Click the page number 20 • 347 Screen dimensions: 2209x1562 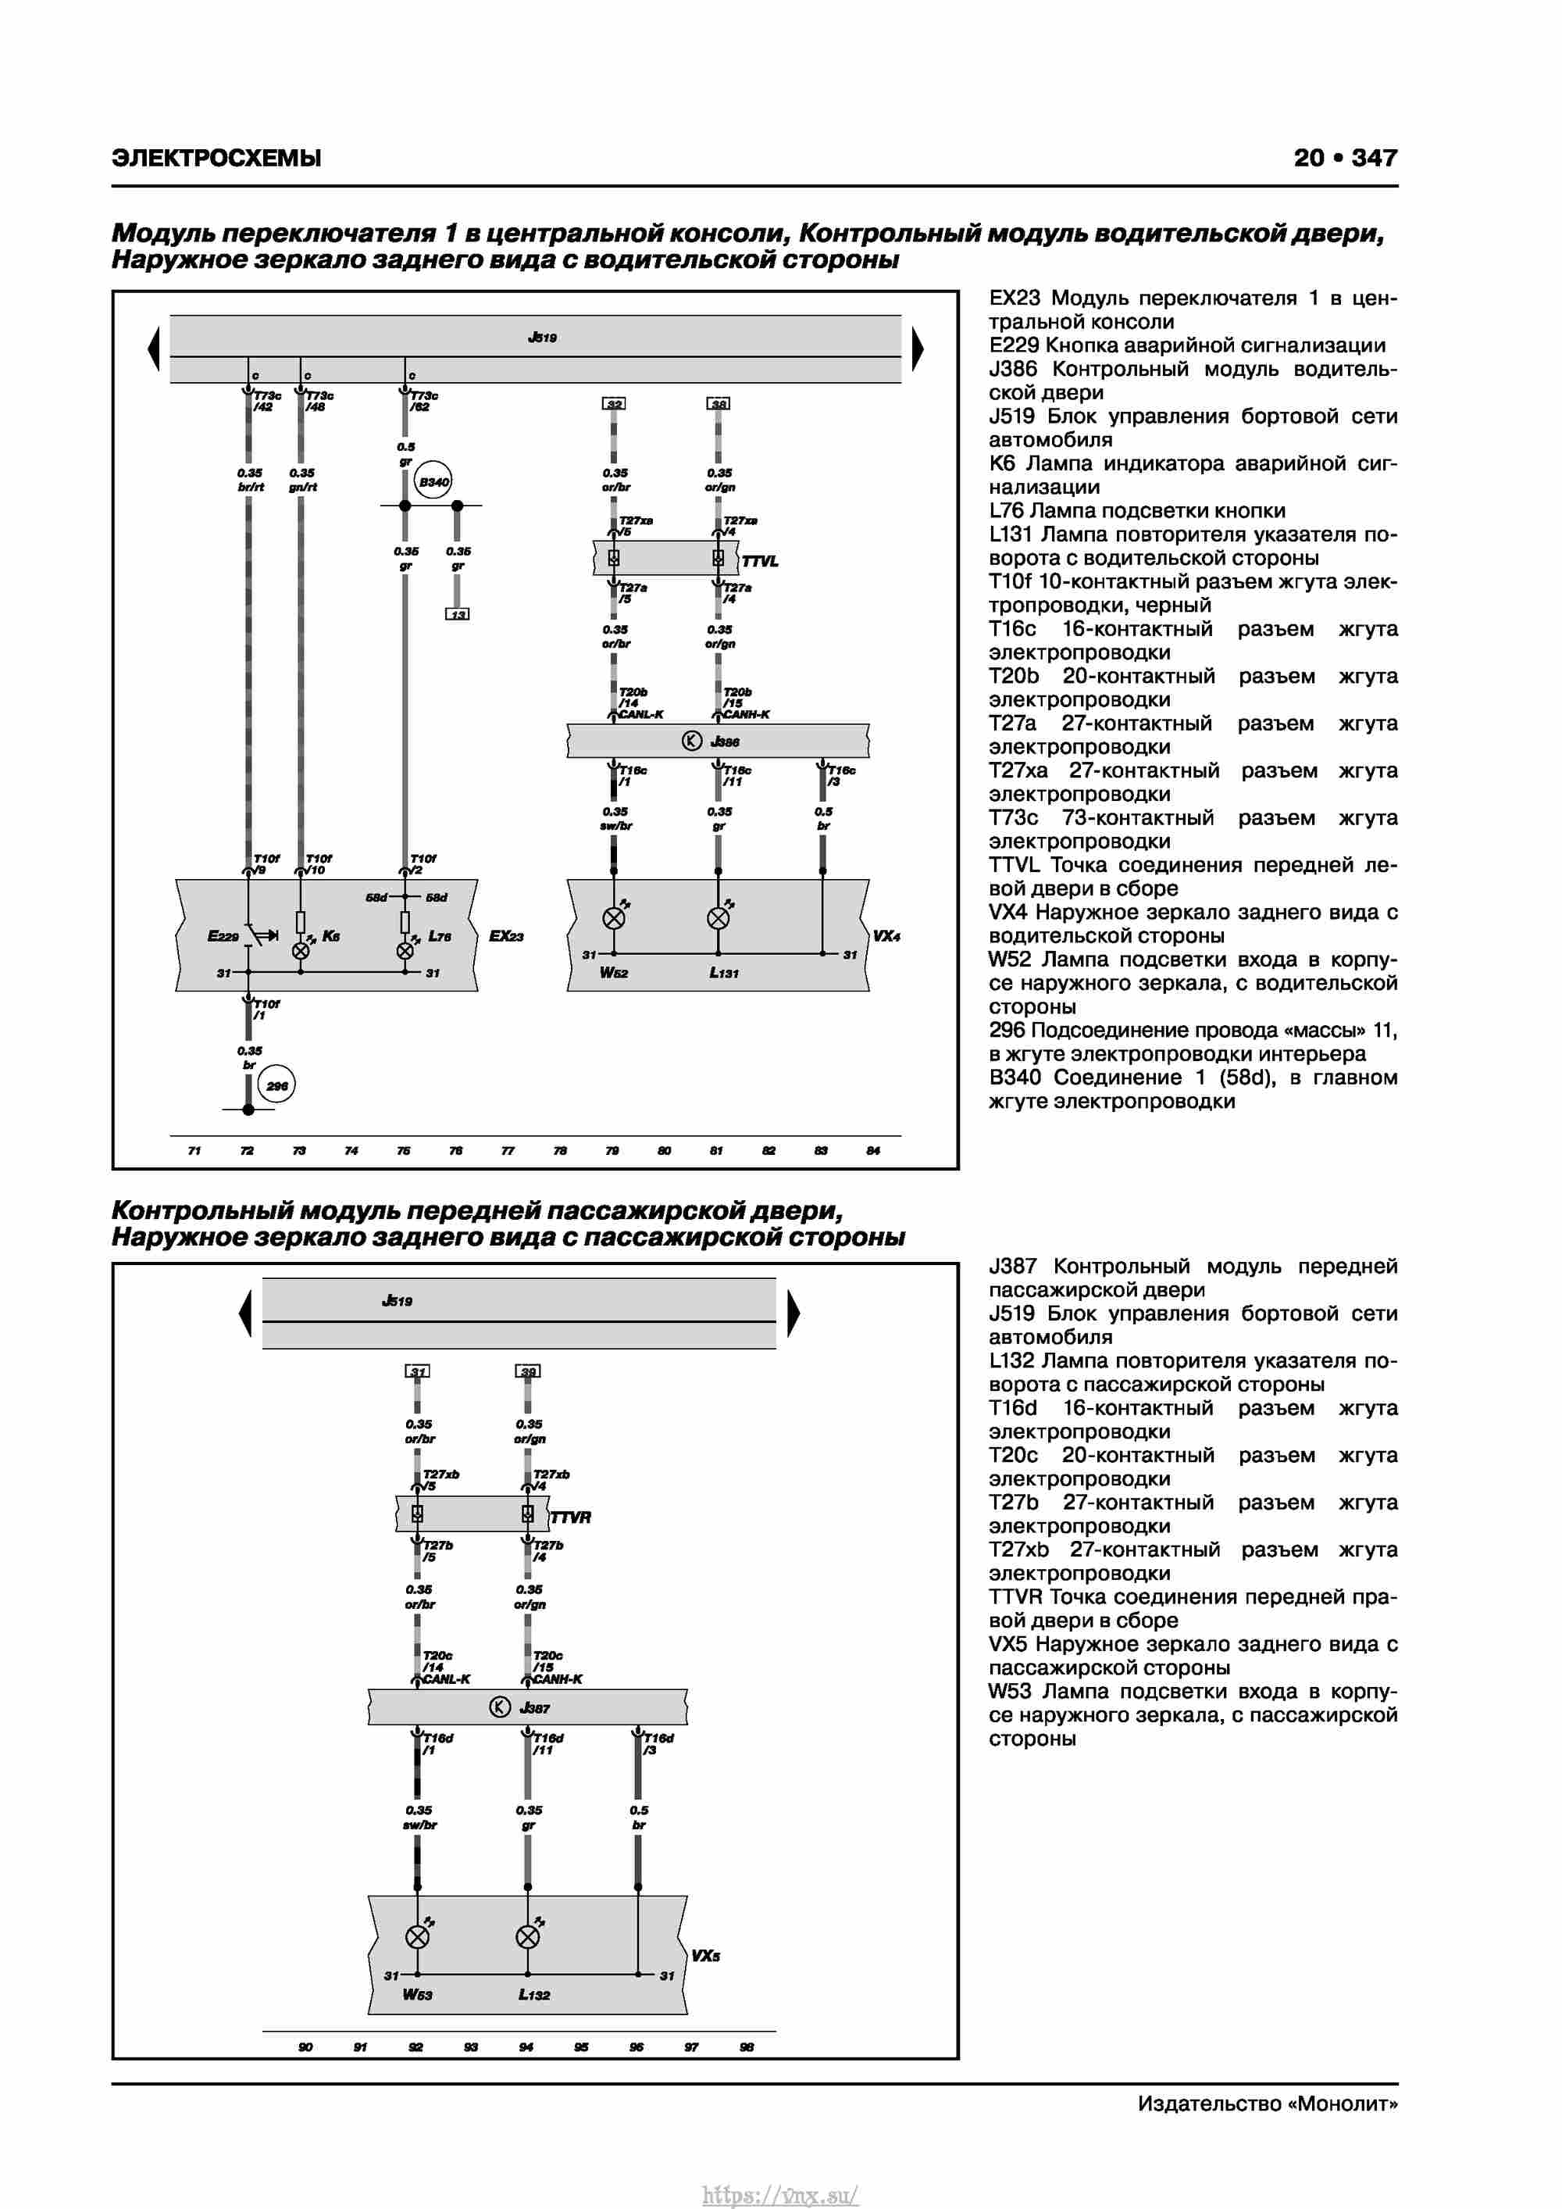click(1345, 158)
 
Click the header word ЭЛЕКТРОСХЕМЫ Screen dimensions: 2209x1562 click(216, 158)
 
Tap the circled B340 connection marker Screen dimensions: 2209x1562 click(433, 482)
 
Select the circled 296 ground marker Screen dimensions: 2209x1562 click(277, 1085)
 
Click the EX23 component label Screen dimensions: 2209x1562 click(506, 935)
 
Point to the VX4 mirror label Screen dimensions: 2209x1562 click(886, 935)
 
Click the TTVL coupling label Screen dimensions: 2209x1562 click(760, 561)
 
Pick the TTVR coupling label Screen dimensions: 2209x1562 click(570, 1517)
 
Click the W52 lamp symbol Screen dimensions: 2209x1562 click(614, 918)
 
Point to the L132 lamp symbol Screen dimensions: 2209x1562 click(528, 1937)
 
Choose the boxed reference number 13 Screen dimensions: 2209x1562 click(458, 614)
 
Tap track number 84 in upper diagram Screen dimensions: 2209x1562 click(872, 1151)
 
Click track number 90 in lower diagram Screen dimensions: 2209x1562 click(305, 2046)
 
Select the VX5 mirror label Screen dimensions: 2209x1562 click(705, 1956)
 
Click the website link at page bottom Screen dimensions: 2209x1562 click(780, 2195)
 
